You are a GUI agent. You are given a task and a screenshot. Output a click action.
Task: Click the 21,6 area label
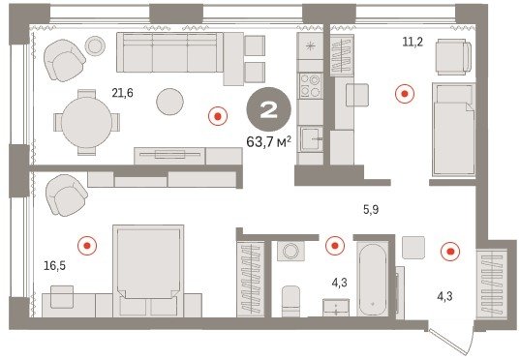tap(122, 93)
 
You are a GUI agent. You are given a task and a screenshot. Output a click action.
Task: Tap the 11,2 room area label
tap(413, 43)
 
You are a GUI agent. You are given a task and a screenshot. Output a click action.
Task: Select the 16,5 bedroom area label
tap(55, 265)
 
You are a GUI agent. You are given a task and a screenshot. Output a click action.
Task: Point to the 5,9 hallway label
tap(371, 209)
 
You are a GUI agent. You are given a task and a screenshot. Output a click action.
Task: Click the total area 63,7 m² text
tap(269, 142)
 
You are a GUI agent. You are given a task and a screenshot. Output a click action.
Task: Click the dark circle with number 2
tap(268, 109)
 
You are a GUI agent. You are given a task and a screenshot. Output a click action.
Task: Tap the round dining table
tap(86, 122)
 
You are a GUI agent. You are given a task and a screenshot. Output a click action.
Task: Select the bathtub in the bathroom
tap(373, 280)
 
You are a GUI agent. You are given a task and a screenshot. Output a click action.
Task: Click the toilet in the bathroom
tap(291, 301)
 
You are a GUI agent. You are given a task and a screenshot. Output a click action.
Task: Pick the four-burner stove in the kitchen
tap(311, 86)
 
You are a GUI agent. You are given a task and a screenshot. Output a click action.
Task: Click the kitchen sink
tap(311, 139)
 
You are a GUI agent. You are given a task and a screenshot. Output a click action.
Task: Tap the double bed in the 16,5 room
tap(148, 271)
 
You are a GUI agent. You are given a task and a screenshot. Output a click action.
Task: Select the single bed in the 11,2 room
tap(454, 130)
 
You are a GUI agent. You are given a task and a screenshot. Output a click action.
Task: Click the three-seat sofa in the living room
tap(169, 52)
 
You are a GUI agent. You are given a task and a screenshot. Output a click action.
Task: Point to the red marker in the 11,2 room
tap(405, 94)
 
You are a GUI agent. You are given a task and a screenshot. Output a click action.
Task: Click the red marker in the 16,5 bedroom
tap(87, 246)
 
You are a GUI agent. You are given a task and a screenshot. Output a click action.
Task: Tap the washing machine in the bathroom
tap(291, 251)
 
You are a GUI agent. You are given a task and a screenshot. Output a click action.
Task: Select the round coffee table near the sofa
tap(169, 102)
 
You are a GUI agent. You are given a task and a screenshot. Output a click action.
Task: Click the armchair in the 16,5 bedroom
tap(66, 195)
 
